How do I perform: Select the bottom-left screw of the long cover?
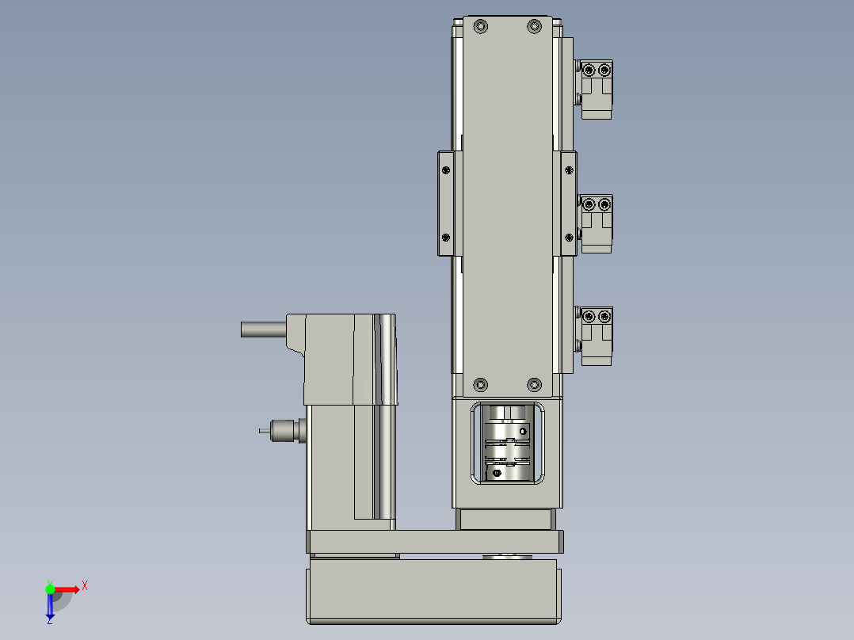pyautogui.click(x=480, y=385)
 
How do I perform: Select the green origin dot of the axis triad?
pyautogui.click(x=50, y=589)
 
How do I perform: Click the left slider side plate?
pyautogui.click(x=447, y=204)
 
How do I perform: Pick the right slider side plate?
pyautogui.click(x=569, y=204)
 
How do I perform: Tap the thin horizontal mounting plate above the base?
pyautogui.click(x=434, y=542)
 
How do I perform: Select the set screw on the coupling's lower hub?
pyautogui.click(x=497, y=473)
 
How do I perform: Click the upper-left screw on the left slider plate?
pyautogui.click(x=445, y=170)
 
